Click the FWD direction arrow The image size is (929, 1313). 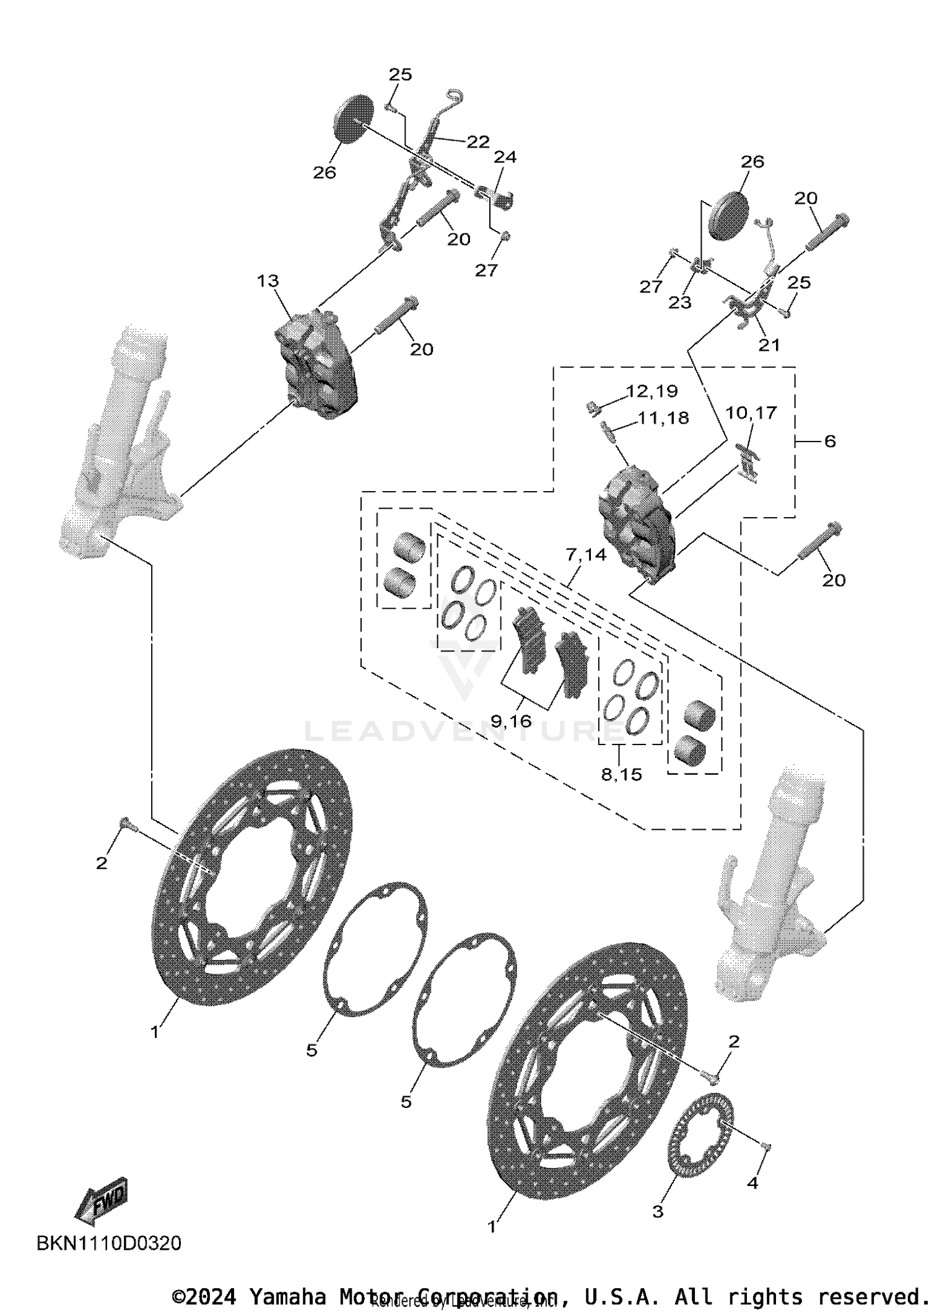pyautogui.click(x=102, y=1200)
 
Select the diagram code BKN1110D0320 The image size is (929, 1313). pyautogui.click(x=109, y=1243)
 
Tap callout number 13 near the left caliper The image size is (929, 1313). pyautogui.click(x=268, y=281)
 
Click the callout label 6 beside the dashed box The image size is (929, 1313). pyautogui.click(x=830, y=441)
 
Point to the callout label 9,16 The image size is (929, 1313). pyautogui.click(x=511, y=720)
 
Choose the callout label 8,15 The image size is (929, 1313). pyautogui.click(x=621, y=774)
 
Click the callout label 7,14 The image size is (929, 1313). pyautogui.click(x=586, y=554)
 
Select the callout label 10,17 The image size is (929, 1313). pyautogui.click(x=751, y=412)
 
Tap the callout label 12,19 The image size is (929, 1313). pyautogui.click(x=652, y=391)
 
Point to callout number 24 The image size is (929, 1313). pyautogui.click(x=505, y=157)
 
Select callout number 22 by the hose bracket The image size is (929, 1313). pyautogui.click(x=478, y=142)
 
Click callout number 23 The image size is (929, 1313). pyautogui.click(x=679, y=302)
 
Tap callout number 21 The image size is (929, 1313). pyautogui.click(x=769, y=345)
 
